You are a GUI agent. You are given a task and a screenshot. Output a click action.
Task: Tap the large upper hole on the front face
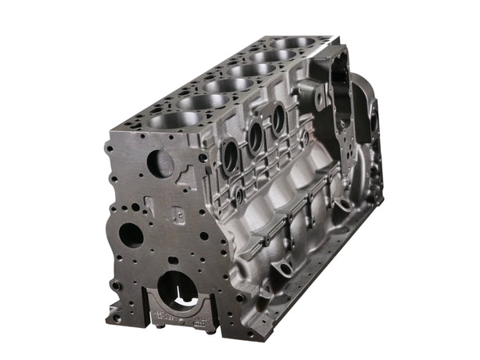(x=162, y=164)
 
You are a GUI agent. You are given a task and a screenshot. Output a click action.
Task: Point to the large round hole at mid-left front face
(x=130, y=234)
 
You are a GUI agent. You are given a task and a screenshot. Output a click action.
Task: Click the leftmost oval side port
(x=230, y=157)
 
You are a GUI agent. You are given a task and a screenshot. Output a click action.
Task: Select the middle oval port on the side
(x=256, y=137)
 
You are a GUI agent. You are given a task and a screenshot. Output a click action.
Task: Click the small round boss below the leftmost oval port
(x=238, y=194)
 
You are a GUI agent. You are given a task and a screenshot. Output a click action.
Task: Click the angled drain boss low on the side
(x=280, y=266)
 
